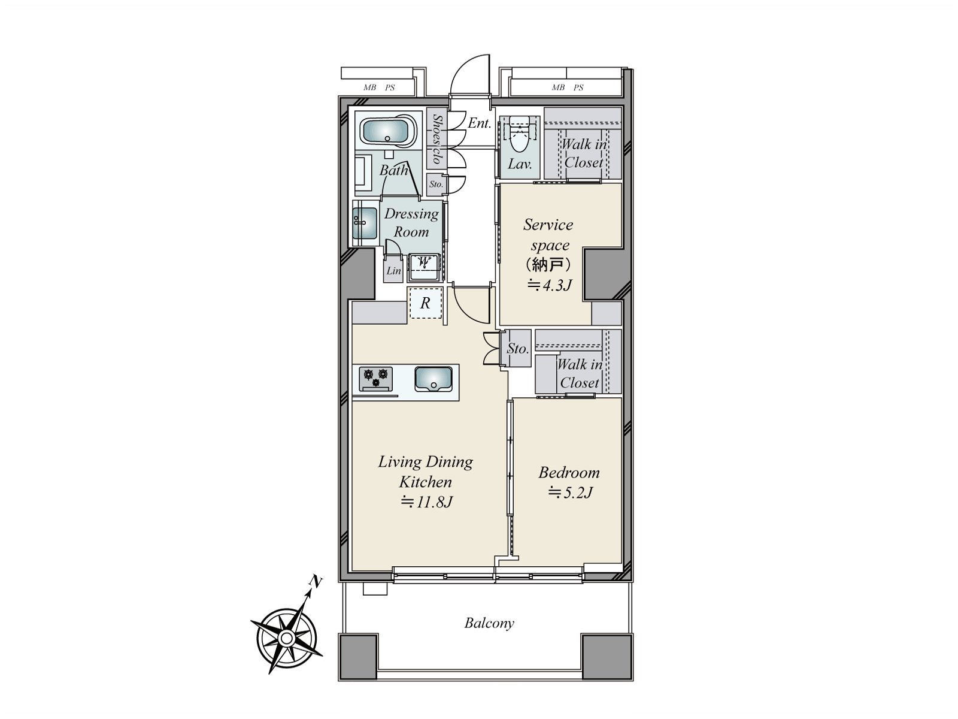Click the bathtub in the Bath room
[x=387, y=131]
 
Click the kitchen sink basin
[x=433, y=379]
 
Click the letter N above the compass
[x=316, y=581]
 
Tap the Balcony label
[x=489, y=623]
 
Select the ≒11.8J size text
[x=426, y=502]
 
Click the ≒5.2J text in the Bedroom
[x=569, y=493]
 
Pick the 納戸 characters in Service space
[x=548, y=265]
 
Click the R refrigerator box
[x=425, y=303]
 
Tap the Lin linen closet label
[x=393, y=271]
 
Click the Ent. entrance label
[x=480, y=123]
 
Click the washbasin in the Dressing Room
[x=365, y=222]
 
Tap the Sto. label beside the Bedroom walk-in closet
[x=518, y=348]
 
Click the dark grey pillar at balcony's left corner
[x=358, y=655]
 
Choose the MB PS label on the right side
[x=567, y=87]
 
